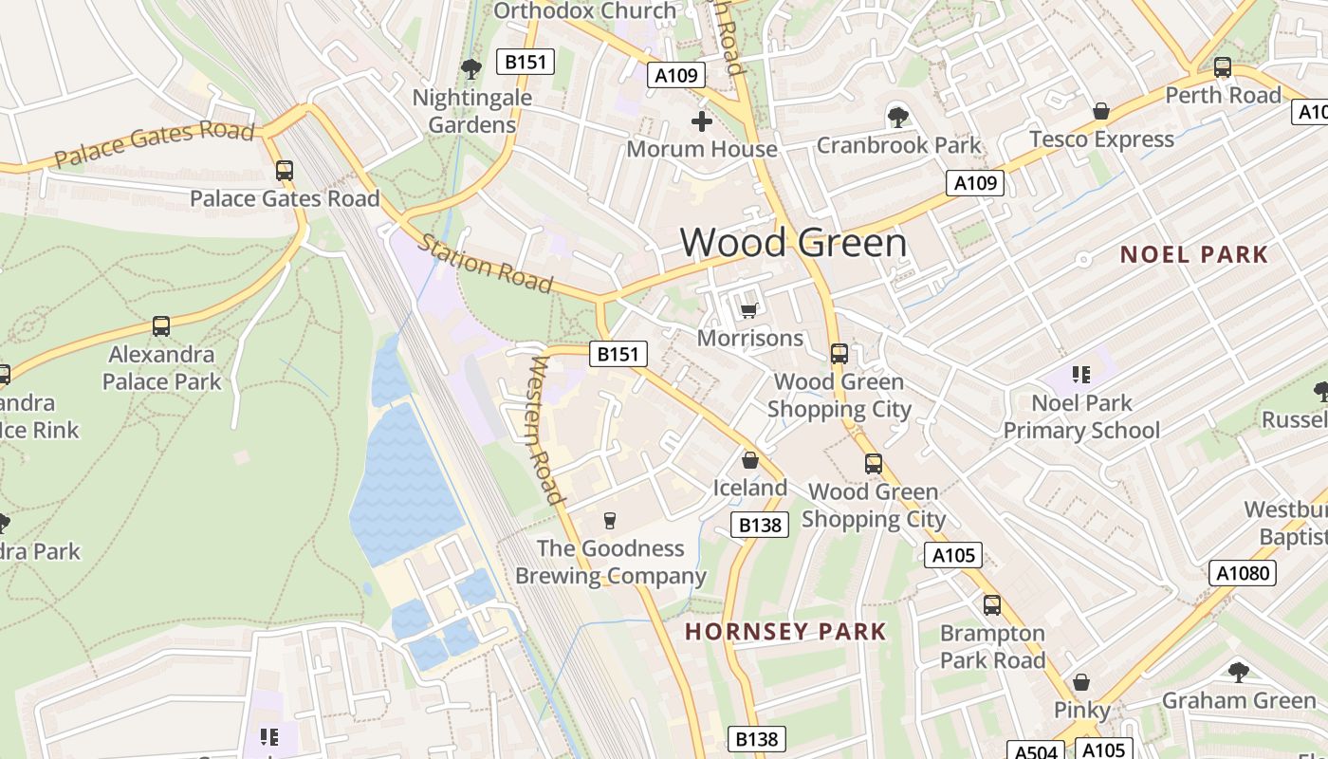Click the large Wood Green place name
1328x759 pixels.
click(793, 243)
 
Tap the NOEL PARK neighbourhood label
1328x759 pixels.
click(1193, 254)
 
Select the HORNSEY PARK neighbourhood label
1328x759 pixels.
click(785, 632)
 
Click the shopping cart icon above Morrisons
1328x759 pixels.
click(748, 310)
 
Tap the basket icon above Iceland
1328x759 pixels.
click(750, 461)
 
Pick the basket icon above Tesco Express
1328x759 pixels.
click(1100, 112)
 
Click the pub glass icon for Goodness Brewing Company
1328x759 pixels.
click(610, 521)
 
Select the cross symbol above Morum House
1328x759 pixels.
click(702, 121)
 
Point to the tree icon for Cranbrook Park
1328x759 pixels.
click(897, 118)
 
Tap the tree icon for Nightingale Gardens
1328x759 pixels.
click(470, 69)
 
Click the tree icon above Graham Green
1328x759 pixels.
click(1238, 673)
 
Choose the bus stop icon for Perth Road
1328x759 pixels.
click(1222, 67)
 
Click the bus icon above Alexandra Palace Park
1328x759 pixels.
click(161, 326)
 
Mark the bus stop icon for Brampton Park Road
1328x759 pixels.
click(992, 605)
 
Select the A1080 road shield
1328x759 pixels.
click(1243, 573)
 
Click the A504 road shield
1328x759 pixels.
click(1035, 751)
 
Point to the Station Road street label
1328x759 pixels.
click(486, 264)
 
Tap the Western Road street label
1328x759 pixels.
click(546, 430)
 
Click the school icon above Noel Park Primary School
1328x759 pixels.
click(1080, 375)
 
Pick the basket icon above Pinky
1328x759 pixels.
click(1081, 682)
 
